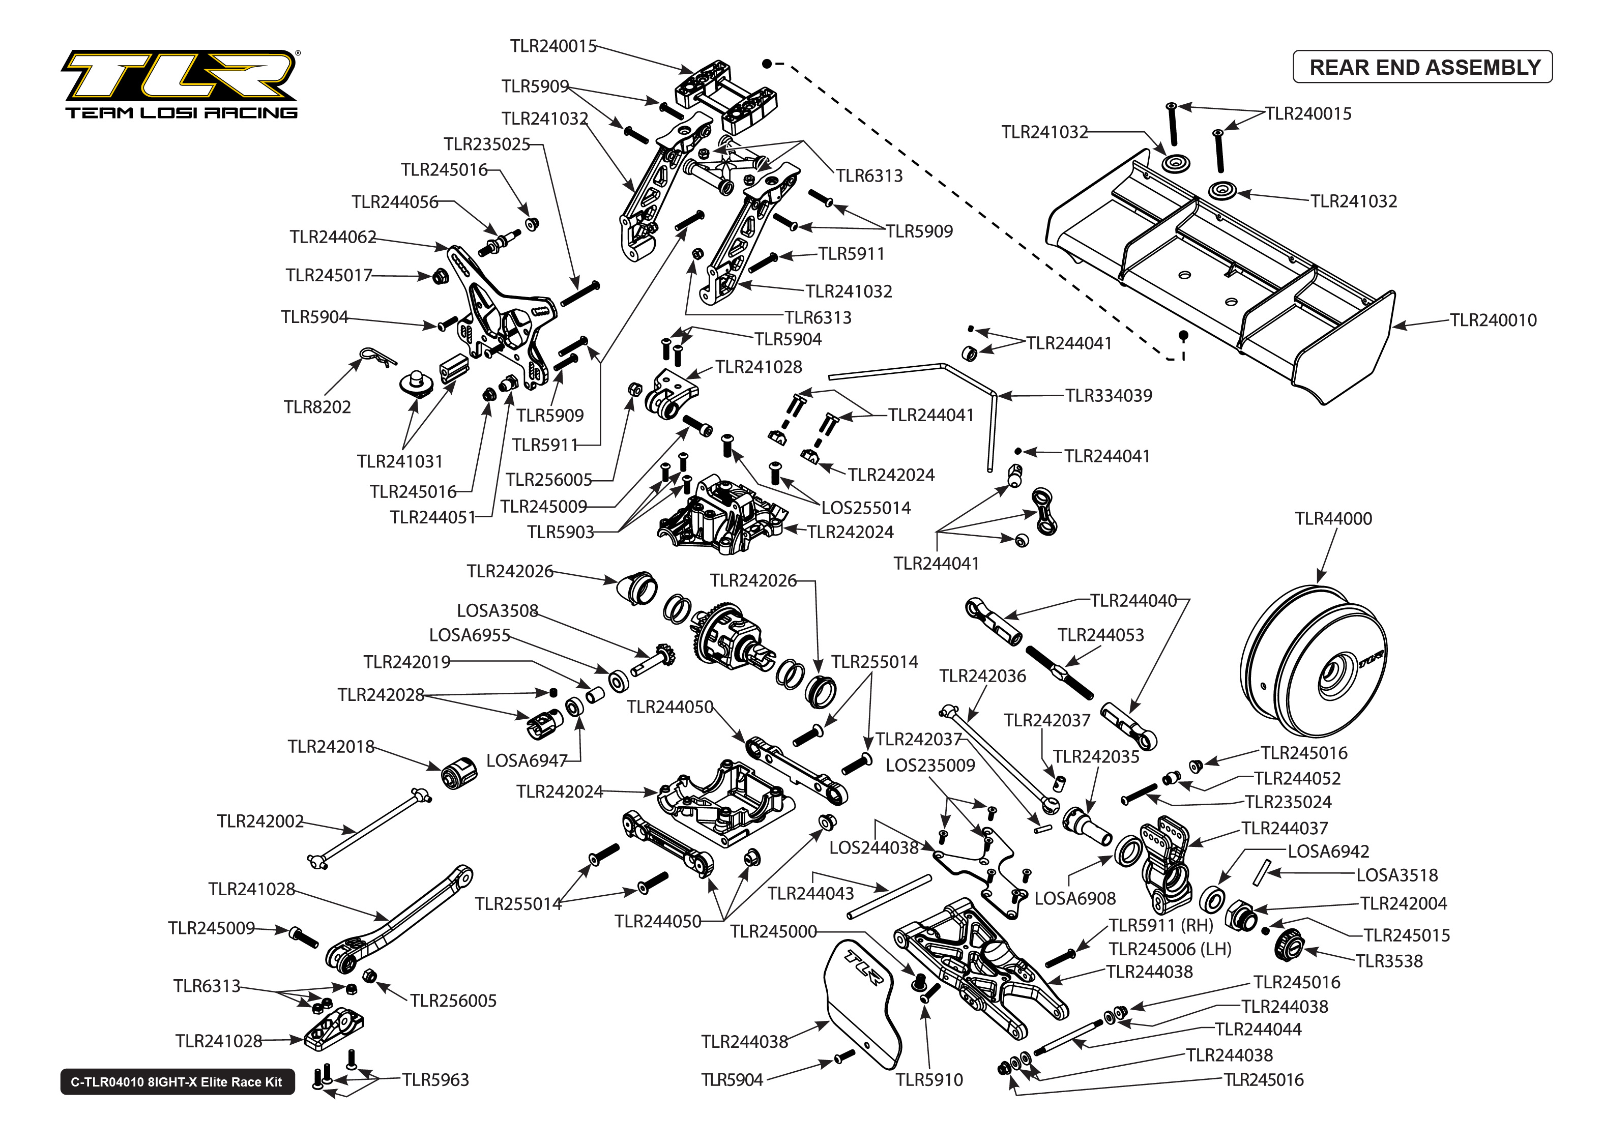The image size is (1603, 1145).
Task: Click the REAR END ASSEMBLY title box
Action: [x=1422, y=67]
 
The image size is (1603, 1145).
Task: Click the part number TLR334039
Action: [x=1108, y=396]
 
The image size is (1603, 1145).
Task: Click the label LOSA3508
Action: [x=497, y=610]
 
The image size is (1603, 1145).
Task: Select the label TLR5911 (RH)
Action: [x=1160, y=925]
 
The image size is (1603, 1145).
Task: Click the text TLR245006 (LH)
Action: [x=1170, y=949]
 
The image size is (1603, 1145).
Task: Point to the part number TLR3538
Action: [x=1389, y=961]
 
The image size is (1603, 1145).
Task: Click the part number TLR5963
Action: [x=435, y=1079]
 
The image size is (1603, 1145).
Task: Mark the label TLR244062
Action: [x=333, y=237]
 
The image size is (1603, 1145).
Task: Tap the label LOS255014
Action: [x=866, y=508]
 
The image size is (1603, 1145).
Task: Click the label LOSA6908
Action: [x=1074, y=898]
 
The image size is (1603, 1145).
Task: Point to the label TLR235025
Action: [x=486, y=144]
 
